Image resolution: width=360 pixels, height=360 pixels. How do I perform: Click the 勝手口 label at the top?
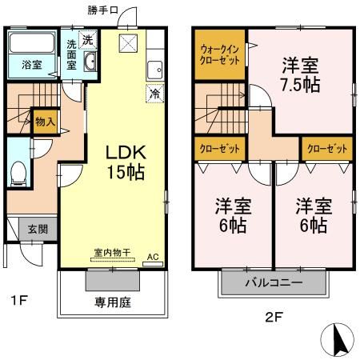point(102,10)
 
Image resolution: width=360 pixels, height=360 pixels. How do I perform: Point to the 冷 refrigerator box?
point(153,93)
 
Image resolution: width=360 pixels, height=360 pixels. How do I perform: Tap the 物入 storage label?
point(45,122)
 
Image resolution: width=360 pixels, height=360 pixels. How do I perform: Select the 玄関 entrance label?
point(26,228)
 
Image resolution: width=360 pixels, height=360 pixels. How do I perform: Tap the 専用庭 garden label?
point(111,303)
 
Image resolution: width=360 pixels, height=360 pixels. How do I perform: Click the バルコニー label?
point(273,283)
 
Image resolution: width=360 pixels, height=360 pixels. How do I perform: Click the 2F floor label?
point(274,316)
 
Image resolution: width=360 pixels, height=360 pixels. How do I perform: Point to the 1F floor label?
point(19,302)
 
